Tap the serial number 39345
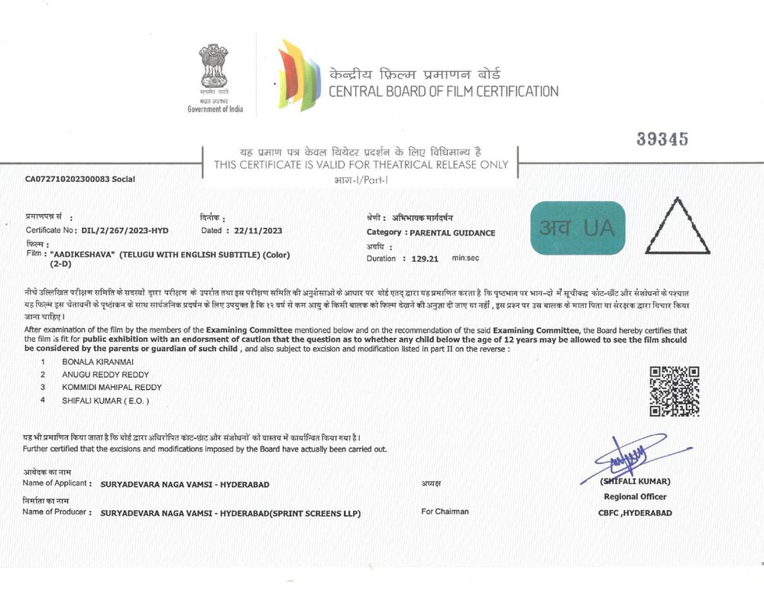click(x=662, y=139)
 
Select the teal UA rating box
click(x=578, y=228)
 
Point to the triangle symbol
click(x=677, y=227)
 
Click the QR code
click(x=674, y=391)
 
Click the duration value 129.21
click(x=424, y=258)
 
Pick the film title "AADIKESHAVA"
click(x=83, y=254)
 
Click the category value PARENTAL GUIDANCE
click(x=453, y=232)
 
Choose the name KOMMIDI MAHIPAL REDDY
click(x=112, y=387)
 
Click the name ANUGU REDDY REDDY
click(x=105, y=374)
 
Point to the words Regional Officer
click(x=635, y=497)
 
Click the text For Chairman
click(x=445, y=511)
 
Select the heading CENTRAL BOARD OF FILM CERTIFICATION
click(x=443, y=92)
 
